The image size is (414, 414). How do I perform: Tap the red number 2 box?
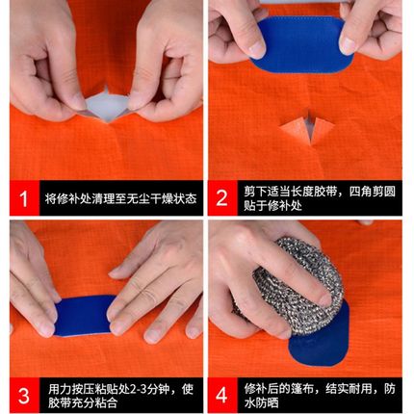(x=221, y=199)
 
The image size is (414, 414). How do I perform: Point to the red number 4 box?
(x=221, y=396)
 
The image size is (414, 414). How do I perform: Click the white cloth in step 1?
(x=106, y=106)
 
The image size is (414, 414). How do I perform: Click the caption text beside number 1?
(x=120, y=199)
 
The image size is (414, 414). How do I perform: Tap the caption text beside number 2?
(x=318, y=199)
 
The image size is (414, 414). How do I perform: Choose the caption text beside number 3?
(x=120, y=396)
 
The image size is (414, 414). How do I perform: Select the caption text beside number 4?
(x=318, y=396)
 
